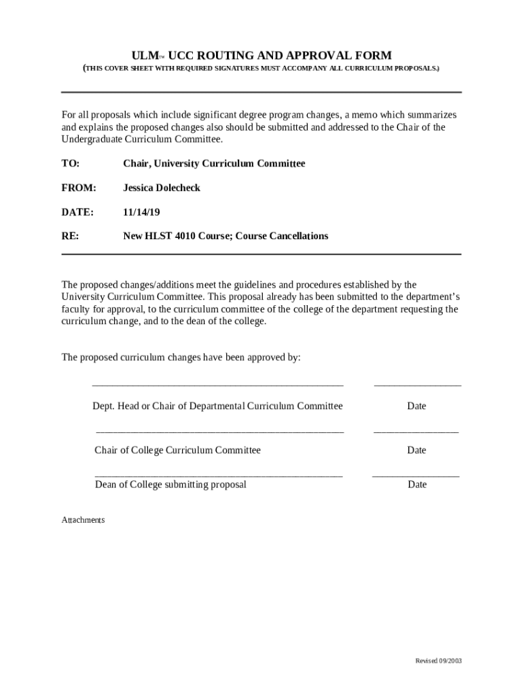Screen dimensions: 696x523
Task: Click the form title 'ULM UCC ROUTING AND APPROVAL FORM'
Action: pos(261,56)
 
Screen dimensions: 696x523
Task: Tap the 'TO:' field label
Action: pos(70,164)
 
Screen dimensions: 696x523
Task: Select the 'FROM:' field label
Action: pos(79,188)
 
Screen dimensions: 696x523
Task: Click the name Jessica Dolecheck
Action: pos(162,188)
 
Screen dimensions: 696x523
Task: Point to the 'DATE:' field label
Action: pos(77,212)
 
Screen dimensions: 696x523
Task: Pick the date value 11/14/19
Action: pos(141,212)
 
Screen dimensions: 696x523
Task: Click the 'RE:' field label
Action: pos(70,237)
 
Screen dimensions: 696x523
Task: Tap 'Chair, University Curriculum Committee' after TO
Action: pos(214,164)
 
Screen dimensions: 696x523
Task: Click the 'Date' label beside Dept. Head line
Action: pos(416,406)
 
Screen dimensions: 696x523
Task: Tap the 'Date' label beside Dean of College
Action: pos(417,485)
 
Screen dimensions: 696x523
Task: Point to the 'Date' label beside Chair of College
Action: pos(416,450)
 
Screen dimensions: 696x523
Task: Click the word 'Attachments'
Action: pos(83,520)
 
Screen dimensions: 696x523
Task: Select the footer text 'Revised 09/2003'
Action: pos(438,661)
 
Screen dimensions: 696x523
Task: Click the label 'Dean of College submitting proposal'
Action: pos(170,485)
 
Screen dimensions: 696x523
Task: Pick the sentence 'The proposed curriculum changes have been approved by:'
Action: pos(181,358)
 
